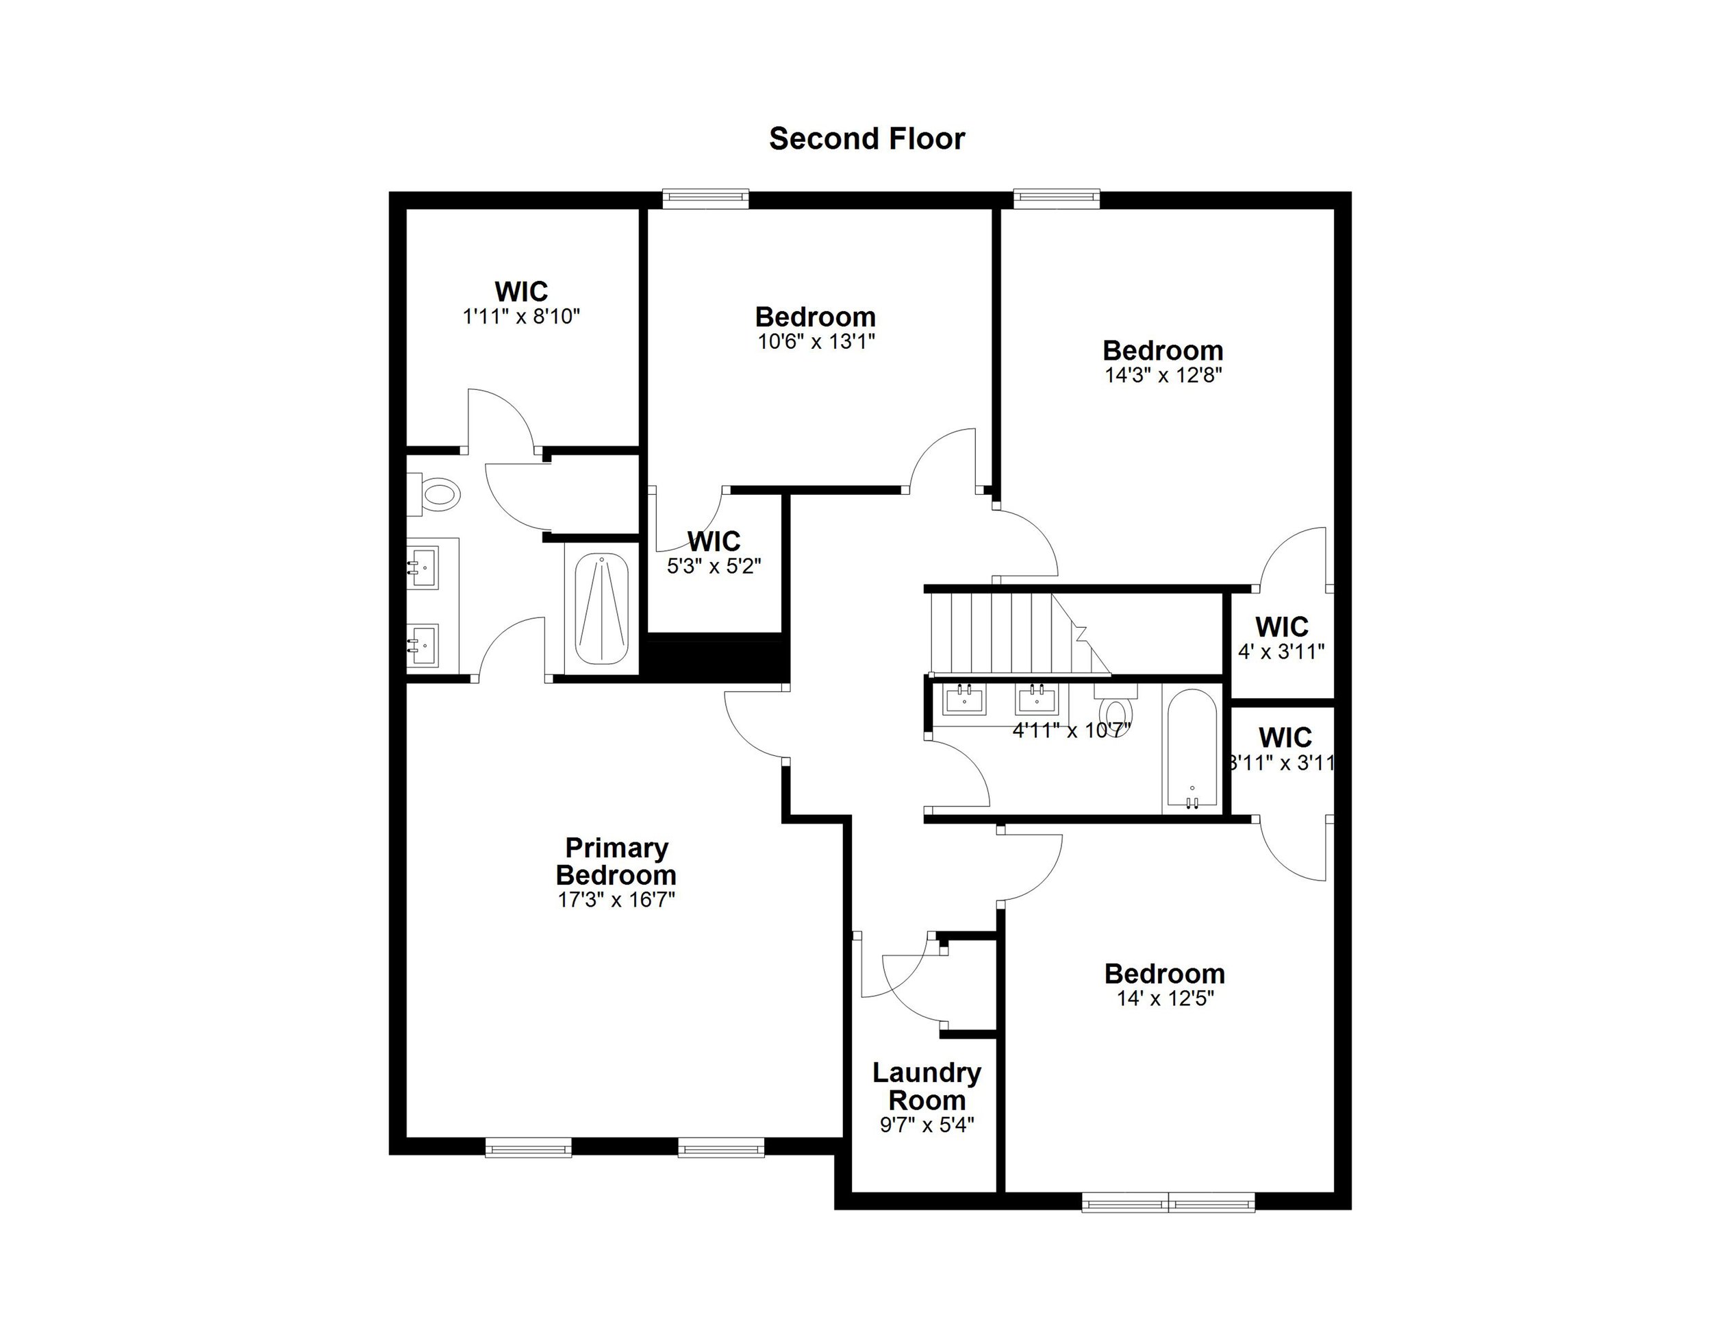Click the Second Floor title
pyautogui.click(x=866, y=139)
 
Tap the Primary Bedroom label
pyautogui.click(x=616, y=861)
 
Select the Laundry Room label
pyautogui.click(x=927, y=1086)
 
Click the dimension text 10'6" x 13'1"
pyautogui.click(x=816, y=342)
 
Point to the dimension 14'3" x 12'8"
pyautogui.click(x=1163, y=375)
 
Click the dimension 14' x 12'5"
pyautogui.click(x=1165, y=998)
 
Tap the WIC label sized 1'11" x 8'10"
pyautogui.click(x=520, y=292)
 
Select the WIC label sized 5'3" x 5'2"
pyautogui.click(x=714, y=541)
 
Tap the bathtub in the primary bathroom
pyautogui.click(x=601, y=609)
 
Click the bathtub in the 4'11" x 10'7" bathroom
pyautogui.click(x=1192, y=749)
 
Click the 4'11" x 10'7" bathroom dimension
pyautogui.click(x=1072, y=731)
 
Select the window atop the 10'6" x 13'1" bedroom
pyautogui.click(x=705, y=199)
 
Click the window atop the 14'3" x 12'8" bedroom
pyautogui.click(x=1056, y=199)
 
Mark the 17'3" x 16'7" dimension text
pyautogui.click(x=616, y=900)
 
